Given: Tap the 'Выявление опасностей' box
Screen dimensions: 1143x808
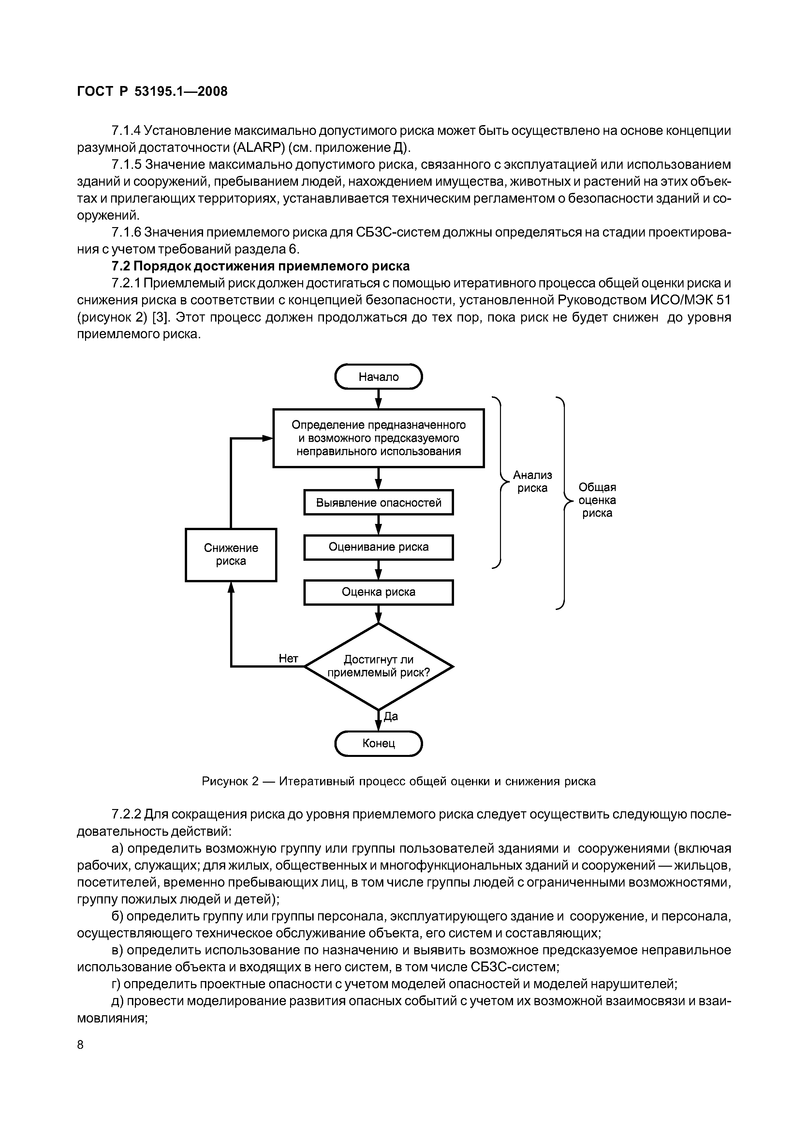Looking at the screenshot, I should pyautogui.click(x=378, y=503).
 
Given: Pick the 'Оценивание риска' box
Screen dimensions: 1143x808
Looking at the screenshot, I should pyautogui.click(x=378, y=547).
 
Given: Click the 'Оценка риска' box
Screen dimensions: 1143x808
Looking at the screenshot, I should pyautogui.click(x=378, y=592).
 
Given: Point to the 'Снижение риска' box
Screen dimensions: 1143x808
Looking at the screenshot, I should pyautogui.click(x=231, y=555).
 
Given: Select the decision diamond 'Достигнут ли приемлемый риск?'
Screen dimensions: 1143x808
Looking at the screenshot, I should pyautogui.click(x=378, y=666).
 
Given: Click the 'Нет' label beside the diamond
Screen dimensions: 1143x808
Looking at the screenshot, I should pyautogui.click(x=288, y=658).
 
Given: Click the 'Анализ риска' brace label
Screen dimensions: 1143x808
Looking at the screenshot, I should pyautogui.click(x=532, y=481).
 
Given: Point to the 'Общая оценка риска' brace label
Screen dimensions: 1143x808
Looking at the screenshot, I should pyautogui.click(x=597, y=500).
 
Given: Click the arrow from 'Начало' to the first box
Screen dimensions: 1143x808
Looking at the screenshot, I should pyautogui.click(x=378, y=399).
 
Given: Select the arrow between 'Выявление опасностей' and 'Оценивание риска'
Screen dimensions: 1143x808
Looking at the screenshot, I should pyautogui.click(x=378, y=525).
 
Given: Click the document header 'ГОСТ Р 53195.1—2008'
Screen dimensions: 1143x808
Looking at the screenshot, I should pyautogui.click(x=152, y=92).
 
